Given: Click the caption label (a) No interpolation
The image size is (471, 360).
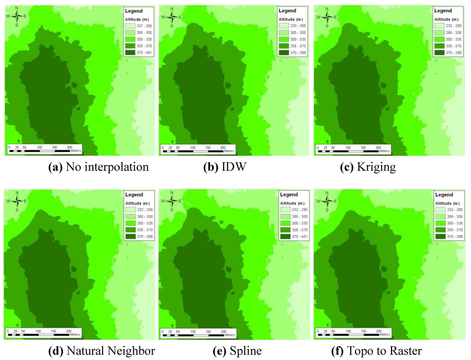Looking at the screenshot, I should (x=98, y=167).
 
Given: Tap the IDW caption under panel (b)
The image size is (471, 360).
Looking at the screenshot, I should (x=225, y=167).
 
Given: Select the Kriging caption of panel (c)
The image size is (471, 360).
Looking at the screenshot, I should (x=368, y=167).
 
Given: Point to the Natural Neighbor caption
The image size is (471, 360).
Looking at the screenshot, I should (x=102, y=351).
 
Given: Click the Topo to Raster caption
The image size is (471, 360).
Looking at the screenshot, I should (x=376, y=351).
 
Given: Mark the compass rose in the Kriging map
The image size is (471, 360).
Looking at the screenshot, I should (x=327, y=17).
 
